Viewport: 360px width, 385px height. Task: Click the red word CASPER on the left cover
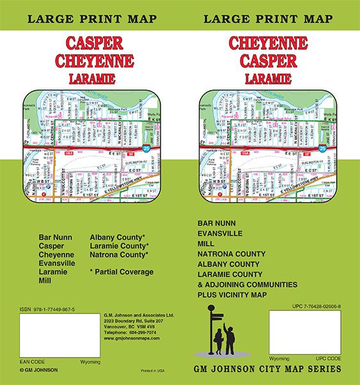94,44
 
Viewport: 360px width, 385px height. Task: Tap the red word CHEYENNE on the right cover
268,44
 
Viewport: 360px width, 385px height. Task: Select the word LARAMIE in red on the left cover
94,77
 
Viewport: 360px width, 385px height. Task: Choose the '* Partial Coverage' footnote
121,272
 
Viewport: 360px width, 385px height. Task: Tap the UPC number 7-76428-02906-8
314,308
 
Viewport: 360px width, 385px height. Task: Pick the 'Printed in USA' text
153,371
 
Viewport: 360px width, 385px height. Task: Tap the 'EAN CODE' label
32,362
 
